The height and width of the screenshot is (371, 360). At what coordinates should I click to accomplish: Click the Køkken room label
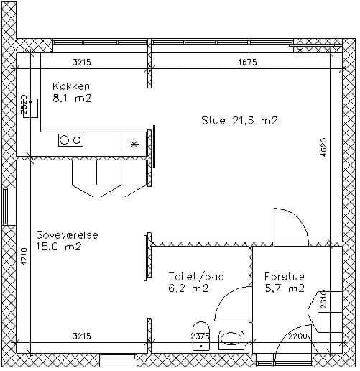tap(71, 86)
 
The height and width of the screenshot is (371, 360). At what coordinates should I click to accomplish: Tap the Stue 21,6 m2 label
tap(239, 120)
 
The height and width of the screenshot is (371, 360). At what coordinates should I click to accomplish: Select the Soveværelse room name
tap(67, 235)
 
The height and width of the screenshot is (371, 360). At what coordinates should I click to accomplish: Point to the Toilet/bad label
tap(196, 277)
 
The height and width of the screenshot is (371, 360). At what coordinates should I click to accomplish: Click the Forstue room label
tap(285, 277)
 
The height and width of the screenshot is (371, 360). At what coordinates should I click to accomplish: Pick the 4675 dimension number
tap(247, 63)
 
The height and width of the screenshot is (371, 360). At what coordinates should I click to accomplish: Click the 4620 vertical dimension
tap(323, 147)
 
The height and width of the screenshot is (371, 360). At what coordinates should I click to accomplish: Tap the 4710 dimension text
tap(24, 257)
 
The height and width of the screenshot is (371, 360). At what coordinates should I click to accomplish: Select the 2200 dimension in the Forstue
tap(297, 336)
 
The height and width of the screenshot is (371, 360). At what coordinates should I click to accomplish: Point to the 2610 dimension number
tap(323, 300)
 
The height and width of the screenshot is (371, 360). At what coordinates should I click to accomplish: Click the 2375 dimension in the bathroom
tap(200, 336)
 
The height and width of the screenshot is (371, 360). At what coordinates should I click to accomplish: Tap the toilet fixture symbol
tap(201, 336)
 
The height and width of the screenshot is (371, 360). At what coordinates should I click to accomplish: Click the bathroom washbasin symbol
tap(231, 340)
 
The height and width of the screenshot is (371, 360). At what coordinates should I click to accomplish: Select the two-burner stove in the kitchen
tap(70, 140)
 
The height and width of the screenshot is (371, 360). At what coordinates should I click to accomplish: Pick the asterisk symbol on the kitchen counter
tap(134, 144)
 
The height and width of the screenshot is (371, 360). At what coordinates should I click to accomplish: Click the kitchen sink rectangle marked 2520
tap(31, 108)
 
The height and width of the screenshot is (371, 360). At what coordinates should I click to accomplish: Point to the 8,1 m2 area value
tap(72, 99)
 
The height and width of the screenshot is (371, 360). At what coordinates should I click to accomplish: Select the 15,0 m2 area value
tap(59, 247)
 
